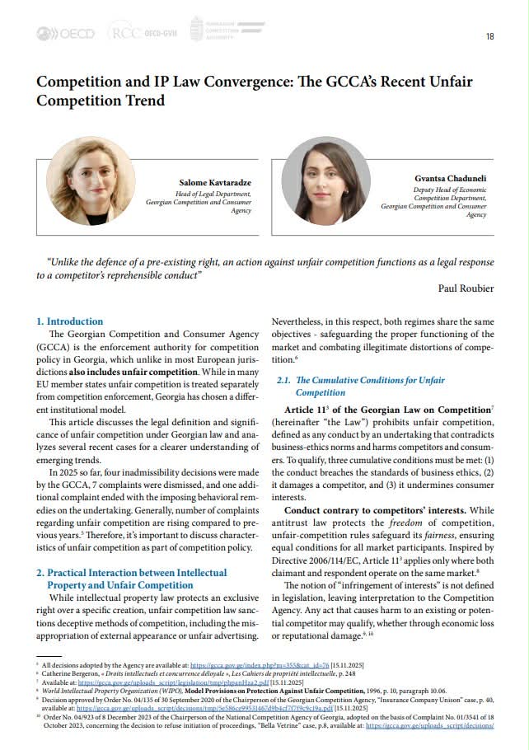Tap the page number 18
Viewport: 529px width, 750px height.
490,36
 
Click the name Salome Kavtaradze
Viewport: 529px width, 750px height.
215,181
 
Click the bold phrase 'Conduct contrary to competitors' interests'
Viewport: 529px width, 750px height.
371,510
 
